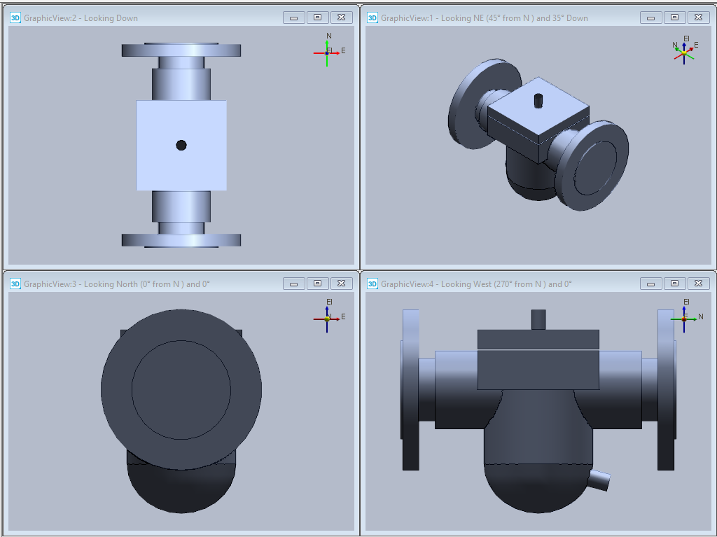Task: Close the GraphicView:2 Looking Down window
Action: [341, 18]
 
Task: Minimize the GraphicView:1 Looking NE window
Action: [650, 18]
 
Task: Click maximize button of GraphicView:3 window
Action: [317, 284]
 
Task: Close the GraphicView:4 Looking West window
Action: [698, 284]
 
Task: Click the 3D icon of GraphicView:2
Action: [15, 18]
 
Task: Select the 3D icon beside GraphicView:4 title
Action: [373, 284]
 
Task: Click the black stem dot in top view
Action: [181, 146]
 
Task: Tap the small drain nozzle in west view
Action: [599, 480]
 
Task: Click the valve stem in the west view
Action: [538, 320]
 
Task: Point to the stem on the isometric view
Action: [538, 101]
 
